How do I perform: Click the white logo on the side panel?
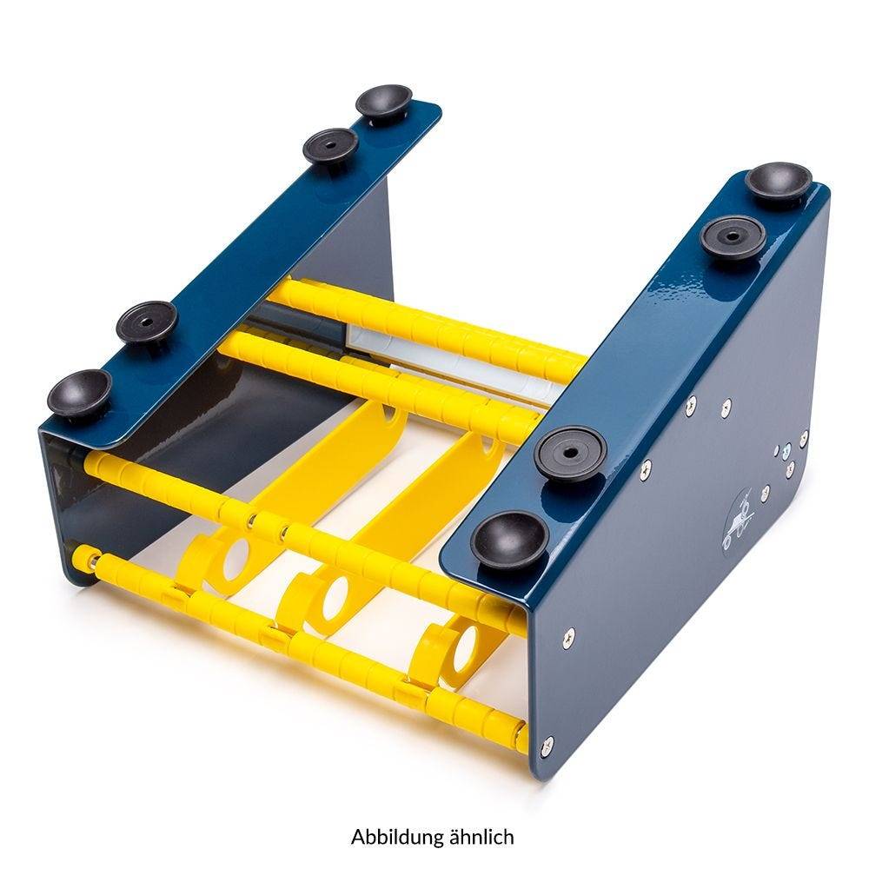740,521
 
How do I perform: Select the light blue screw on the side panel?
786,454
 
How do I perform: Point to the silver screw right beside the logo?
765,491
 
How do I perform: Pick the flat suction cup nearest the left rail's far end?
330,145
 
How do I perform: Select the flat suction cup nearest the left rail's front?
147,322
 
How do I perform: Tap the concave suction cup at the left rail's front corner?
79,391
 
